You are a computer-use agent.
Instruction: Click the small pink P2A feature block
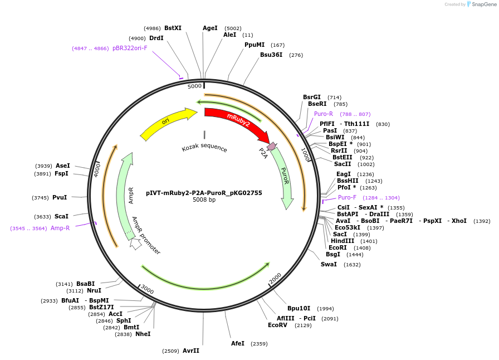[271, 147]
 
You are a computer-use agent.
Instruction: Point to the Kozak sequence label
[204, 148]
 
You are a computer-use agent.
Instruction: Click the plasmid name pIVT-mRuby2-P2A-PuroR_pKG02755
[204, 193]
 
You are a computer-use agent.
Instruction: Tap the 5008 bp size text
[204, 200]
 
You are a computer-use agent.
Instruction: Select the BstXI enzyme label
[173, 28]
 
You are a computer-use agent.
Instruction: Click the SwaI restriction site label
[329, 264]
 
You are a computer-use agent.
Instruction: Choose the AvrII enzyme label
[191, 351]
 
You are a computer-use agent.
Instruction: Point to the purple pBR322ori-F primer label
[130, 48]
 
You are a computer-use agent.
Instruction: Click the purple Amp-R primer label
[60, 228]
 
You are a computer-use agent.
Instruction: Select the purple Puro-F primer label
[347, 197]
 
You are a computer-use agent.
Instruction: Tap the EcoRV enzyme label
[277, 325]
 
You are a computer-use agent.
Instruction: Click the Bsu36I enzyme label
[271, 55]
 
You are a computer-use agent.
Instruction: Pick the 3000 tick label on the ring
[146, 289]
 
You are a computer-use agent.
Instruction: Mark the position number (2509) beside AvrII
[170, 351]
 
